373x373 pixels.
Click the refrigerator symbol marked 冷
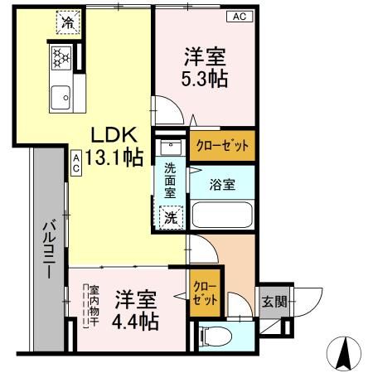click(x=65, y=23)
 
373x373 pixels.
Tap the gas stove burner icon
click(x=61, y=57)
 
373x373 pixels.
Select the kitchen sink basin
click(x=60, y=99)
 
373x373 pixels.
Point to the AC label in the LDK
click(x=75, y=162)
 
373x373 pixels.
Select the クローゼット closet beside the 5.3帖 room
click(x=221, y=147)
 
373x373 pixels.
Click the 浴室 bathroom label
click(x=221, y=185)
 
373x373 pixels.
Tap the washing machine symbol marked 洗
click(x=169, y=219)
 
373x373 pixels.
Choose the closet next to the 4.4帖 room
click(x=206, y=293)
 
